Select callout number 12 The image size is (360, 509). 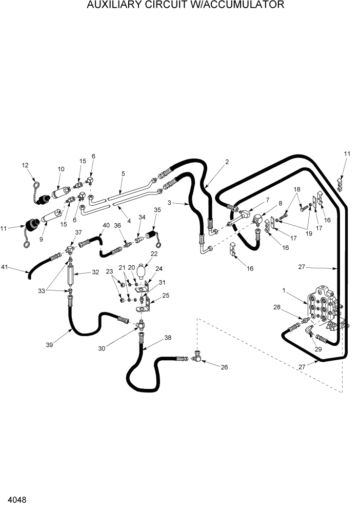[x=25, y=165]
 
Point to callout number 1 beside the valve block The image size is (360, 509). [x=284, y=291]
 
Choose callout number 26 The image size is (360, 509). [x=224, y=367]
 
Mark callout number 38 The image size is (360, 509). [x=168, y=338]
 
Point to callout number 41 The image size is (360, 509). [x=6, y=267]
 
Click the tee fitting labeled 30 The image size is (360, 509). [x=141, y=325]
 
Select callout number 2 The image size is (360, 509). [x=227, y=162]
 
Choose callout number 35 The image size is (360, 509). [x=157, y=209]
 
